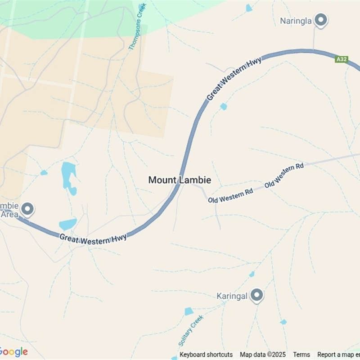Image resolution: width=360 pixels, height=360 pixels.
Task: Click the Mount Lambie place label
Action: click(x=180, y=180)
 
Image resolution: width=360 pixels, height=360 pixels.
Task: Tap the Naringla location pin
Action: click(x=320, y=20)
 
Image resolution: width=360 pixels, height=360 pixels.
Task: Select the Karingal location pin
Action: click(x=256, y=295)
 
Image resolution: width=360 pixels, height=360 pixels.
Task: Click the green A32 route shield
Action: click(x=342, y=59)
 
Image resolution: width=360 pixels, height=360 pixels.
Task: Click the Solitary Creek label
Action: click(x=191, y=331)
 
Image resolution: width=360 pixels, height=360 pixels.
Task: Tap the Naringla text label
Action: click(x=296, y=21)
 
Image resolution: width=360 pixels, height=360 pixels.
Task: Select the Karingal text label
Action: click(x=232, y=296)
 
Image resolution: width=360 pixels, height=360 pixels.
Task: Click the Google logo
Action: click(x=14, y=352)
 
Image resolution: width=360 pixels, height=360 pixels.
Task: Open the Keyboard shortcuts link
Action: click(x=206, y=355)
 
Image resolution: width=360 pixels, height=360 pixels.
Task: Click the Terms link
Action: click(x=301, y=355)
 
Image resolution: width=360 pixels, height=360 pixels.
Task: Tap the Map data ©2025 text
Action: click(x=263, y=355)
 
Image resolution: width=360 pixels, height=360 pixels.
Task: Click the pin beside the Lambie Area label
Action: click(x=28, y=209)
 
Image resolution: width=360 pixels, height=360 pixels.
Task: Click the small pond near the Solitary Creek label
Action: click(x=189, y=311)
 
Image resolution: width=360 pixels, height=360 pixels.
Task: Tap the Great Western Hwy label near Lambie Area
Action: click(x=93, y=239)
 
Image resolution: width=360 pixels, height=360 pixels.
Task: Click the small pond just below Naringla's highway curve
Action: click(x=224, y=107)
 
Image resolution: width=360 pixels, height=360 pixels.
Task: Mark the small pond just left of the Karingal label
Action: click(x=252, y=274)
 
